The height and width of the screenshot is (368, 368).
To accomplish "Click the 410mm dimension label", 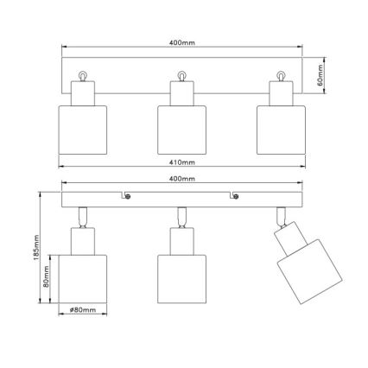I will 182,162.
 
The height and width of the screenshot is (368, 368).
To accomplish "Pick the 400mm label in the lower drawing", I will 182,179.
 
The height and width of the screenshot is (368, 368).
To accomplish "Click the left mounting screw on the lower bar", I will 128,199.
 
